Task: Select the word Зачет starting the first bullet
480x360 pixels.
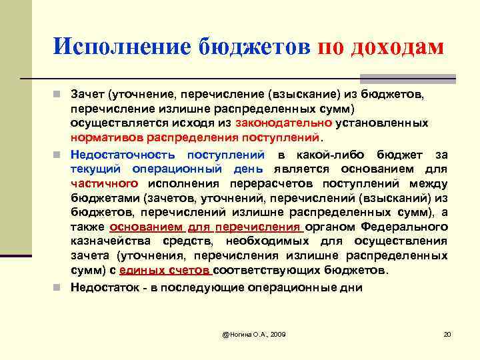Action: [91, 96]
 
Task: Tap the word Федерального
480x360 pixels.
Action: [410, 227]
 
